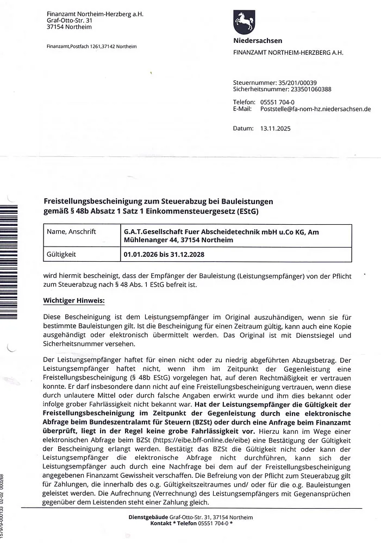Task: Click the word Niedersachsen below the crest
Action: [258, 41]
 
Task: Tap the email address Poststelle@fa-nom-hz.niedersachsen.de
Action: [316, 109]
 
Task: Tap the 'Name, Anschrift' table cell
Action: [72, 232]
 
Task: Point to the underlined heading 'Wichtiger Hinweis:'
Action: [73, 300]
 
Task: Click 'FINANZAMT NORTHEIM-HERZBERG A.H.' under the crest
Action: [288, 53]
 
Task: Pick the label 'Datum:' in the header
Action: [243, 129]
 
